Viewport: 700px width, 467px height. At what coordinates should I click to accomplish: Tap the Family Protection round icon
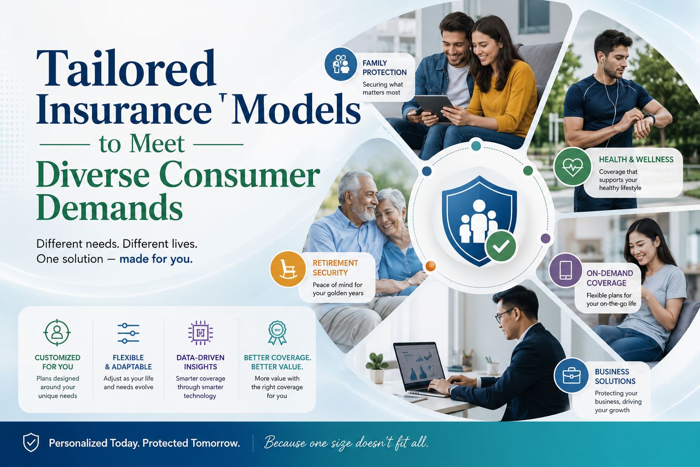pyautogui.click(x=340, y=64)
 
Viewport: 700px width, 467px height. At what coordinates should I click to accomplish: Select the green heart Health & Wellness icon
pyautogui.click(x=572, y=166)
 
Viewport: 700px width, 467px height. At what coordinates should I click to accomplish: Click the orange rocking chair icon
pyautogui.click(x=288, y=269)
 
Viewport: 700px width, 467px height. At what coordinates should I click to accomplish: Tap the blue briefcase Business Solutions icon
pyautogui.click(x=571, y=375)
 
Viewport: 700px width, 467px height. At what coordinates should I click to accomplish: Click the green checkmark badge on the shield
pyautogui.click(x=501, y=246)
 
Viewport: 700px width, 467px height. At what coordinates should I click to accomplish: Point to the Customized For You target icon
pyautogui.click(x=57, y=332)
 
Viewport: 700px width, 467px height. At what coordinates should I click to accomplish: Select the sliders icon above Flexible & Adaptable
pyautogui.click(x=129, y=333)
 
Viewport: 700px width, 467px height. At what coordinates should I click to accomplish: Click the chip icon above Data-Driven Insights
pyautogui.click(x=201, y=333)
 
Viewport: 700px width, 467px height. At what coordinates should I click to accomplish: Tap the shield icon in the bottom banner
pyautogui.click(x=31, y=442)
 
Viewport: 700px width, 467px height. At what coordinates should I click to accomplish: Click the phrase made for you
pyautogui.click(x=156, y=259)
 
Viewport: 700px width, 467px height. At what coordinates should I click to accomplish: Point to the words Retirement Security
pyautogui.click(x=335, y=268)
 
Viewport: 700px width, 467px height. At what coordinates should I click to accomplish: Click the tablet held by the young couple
pyautogui.click(x=434, y=108)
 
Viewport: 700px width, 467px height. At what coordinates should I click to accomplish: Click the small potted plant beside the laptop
pyautogui.click(x=376, y=368)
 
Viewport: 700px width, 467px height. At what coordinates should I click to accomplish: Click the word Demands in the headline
pyautogui.click(x=109, y=207)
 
